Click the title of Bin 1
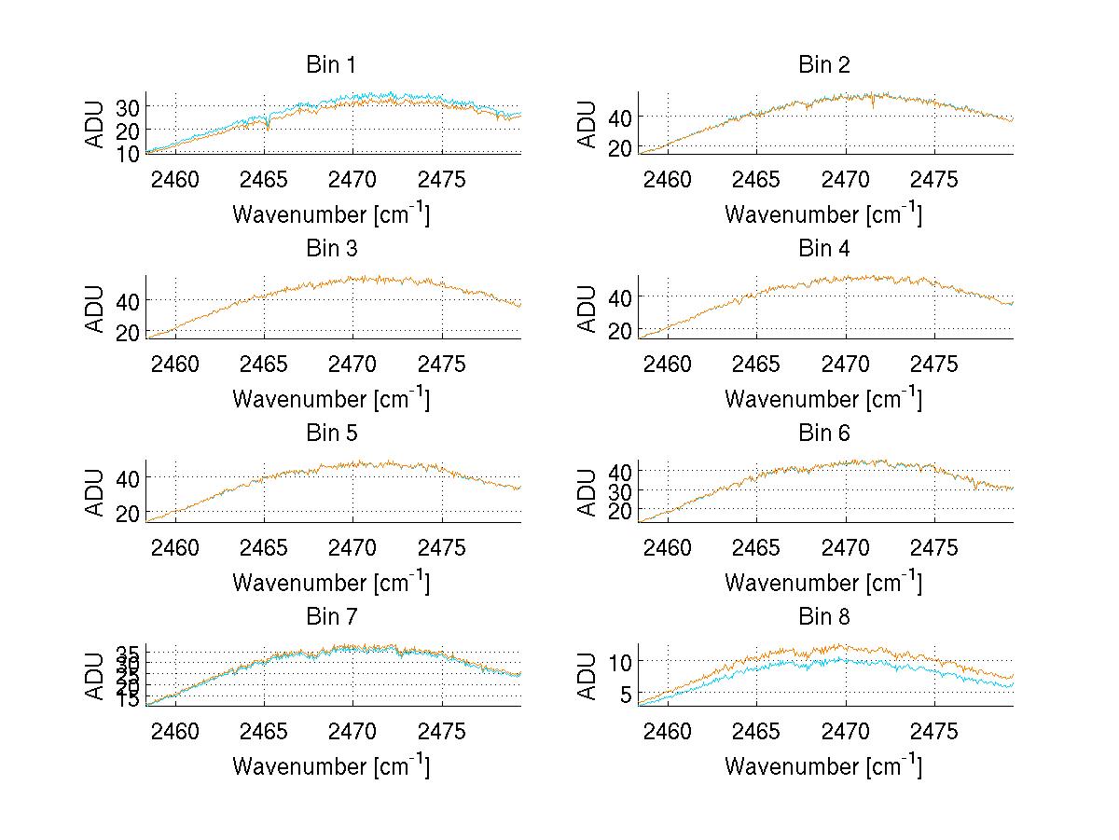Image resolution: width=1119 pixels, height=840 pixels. click(331, 65)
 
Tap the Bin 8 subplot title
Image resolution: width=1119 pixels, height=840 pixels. click(823, 617)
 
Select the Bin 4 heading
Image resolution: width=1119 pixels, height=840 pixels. click(823, 249)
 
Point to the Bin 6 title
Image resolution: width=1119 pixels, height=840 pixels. click(823, 433)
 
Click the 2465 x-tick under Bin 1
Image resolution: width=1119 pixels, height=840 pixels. click(264, 179)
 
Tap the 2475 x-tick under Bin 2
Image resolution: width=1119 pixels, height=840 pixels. click(933, 179)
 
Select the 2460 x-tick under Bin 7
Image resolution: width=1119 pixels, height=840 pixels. click(175, 731)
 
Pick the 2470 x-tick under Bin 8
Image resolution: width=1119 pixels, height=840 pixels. click(846, 731)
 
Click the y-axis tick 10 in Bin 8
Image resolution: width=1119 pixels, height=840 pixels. click(621, 661)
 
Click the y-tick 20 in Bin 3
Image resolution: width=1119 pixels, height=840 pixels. click(128, 333)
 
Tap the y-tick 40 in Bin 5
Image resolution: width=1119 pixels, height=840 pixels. click(128, 477)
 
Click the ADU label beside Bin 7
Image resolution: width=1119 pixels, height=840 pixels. click(95, 676)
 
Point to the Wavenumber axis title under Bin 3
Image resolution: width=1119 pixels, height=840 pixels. click(331, 398)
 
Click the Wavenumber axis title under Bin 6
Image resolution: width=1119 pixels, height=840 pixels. click(823, 582)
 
